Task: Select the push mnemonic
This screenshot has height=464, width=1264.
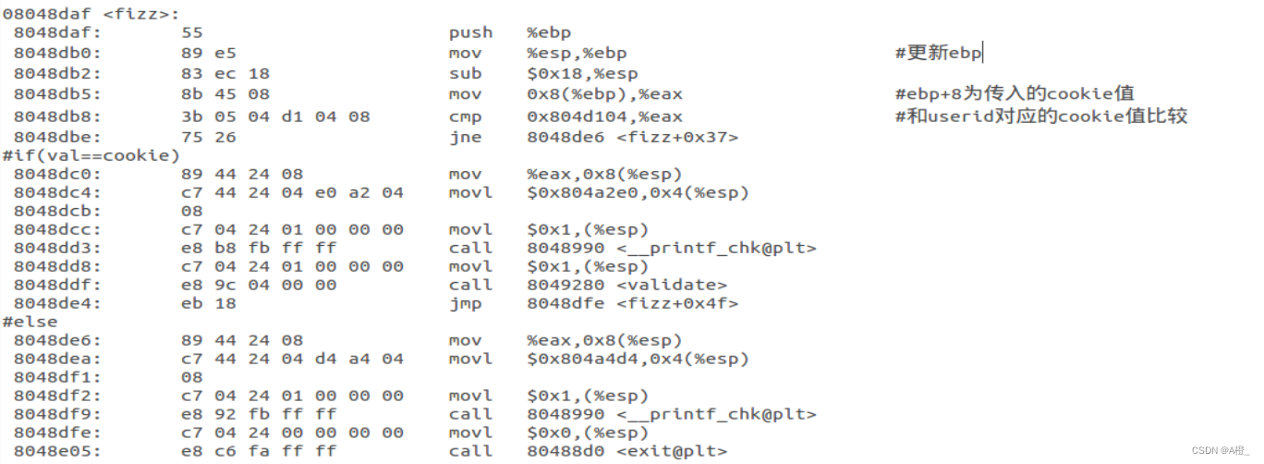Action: [470, 33]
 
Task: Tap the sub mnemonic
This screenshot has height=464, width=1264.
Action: [465, 74]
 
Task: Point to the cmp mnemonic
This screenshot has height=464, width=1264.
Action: [465, 116]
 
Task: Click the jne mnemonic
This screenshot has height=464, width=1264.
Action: [465, 137]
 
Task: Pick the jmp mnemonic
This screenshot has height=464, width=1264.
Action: [465, 303]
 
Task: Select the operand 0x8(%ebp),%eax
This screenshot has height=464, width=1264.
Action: [604, 94]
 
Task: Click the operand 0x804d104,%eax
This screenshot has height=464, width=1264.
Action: [604, 116]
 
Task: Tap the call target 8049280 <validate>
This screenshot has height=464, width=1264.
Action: [626, 285]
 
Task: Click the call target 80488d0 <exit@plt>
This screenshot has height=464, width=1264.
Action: [626, 451]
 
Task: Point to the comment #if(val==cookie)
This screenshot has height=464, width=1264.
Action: [91, 154]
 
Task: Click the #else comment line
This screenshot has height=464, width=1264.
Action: [30, 322]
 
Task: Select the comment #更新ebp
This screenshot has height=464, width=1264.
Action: [938, 53]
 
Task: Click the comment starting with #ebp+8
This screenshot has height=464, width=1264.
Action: [1014, 93]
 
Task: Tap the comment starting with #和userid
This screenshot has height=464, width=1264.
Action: [1040, 116]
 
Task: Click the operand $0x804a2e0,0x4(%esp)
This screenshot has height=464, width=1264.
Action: [638, 192]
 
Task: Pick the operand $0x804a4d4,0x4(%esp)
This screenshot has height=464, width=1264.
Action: [638, 359]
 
